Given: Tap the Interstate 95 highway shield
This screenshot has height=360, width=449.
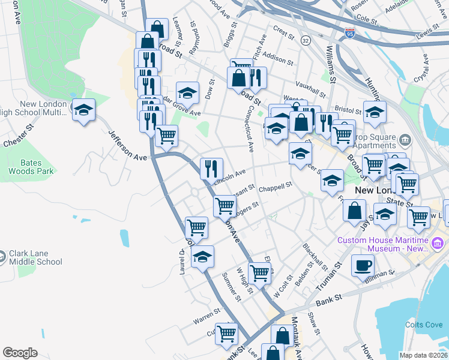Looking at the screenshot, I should click(x=350, y=33).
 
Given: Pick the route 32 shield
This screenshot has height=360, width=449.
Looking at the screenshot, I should click(x=306, y=40).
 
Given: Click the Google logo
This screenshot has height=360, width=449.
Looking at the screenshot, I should click(x=20, y=353).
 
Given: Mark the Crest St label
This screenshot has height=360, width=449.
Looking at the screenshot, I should click(x=282, y=31).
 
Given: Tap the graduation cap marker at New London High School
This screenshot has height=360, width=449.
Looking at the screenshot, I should click(x=84, y=110).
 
